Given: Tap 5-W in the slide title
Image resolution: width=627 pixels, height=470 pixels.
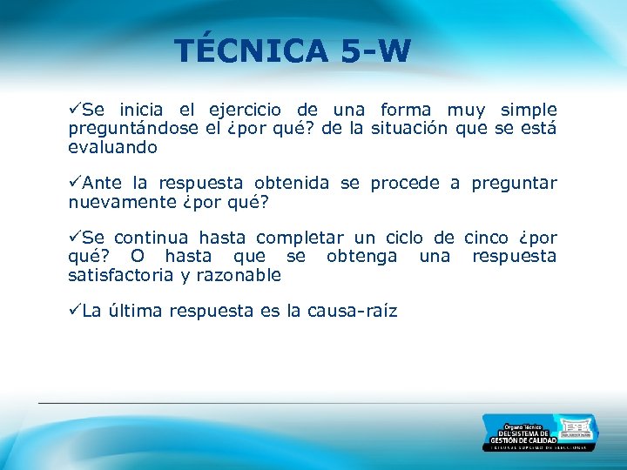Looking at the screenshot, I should [x=375, y=50].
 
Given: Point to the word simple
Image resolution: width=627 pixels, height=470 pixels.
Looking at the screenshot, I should [x=528, y=110].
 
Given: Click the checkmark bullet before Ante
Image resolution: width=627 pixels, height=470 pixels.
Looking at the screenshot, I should [x=75, y=183].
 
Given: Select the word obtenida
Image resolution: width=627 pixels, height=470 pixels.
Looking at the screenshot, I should [x=292, y=183].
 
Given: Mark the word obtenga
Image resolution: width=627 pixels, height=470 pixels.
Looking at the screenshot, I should [x=361, y=256].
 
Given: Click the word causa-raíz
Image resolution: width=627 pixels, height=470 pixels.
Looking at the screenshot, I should [x=352, y=311].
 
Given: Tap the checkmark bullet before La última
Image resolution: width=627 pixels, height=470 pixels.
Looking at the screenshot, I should [x=75, y=311].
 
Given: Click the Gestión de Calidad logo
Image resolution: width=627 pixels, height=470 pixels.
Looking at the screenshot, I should [x=540, y=433].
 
